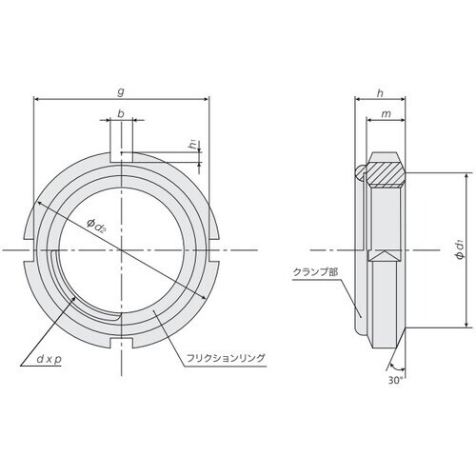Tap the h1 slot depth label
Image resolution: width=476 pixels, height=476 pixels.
pos(193,146)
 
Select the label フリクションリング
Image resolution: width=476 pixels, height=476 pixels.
pos(221,357)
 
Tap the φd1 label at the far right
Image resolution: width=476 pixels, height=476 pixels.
pos(459,249)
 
